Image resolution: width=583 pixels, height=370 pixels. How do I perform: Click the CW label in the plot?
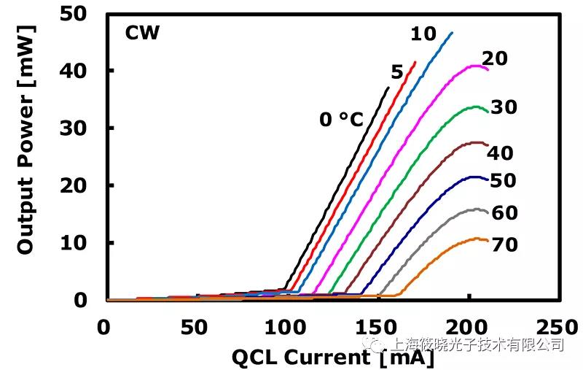pyautogui.click(x=142, y=32)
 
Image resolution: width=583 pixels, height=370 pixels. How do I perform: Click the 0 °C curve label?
pyautogui.click(x=341, y=119)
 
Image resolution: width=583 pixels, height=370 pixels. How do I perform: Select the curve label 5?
pyautogui.click(x=397, y=72)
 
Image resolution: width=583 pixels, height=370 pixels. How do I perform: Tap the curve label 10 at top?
pyautogui.click(x=423, y=34)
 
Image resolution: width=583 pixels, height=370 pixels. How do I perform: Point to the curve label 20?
pyautogui.click(x=495, y=59)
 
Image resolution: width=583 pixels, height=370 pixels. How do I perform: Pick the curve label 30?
pyautogui.click(x=504, y=107)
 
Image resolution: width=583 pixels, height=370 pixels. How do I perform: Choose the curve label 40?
pyautogui.click(x=500, y=153)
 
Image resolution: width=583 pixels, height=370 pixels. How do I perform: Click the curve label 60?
pyautogui.click(x=504, y=213)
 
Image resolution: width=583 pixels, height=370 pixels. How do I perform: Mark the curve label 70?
pyautogui.click(x=504, y=244)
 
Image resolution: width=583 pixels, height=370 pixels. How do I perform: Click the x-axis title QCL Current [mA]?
pyautogui.click(x=332, y=357)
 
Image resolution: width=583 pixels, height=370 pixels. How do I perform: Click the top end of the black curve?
pyautogui.click(x=388, y=88)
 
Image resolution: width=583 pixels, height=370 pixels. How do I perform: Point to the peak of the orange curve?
pyautogui.click(x=477, y=238)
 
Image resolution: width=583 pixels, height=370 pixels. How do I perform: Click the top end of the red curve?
pyautogui.click(x=415, y=62)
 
